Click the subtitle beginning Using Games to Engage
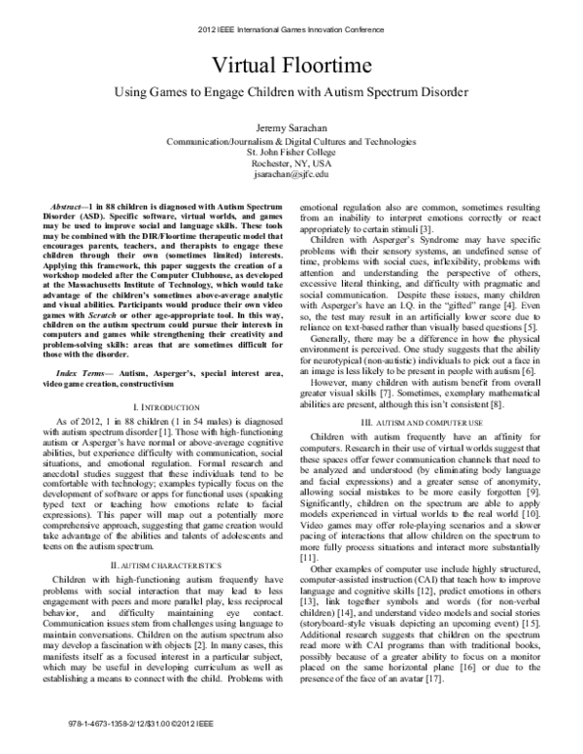coord(291,98)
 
